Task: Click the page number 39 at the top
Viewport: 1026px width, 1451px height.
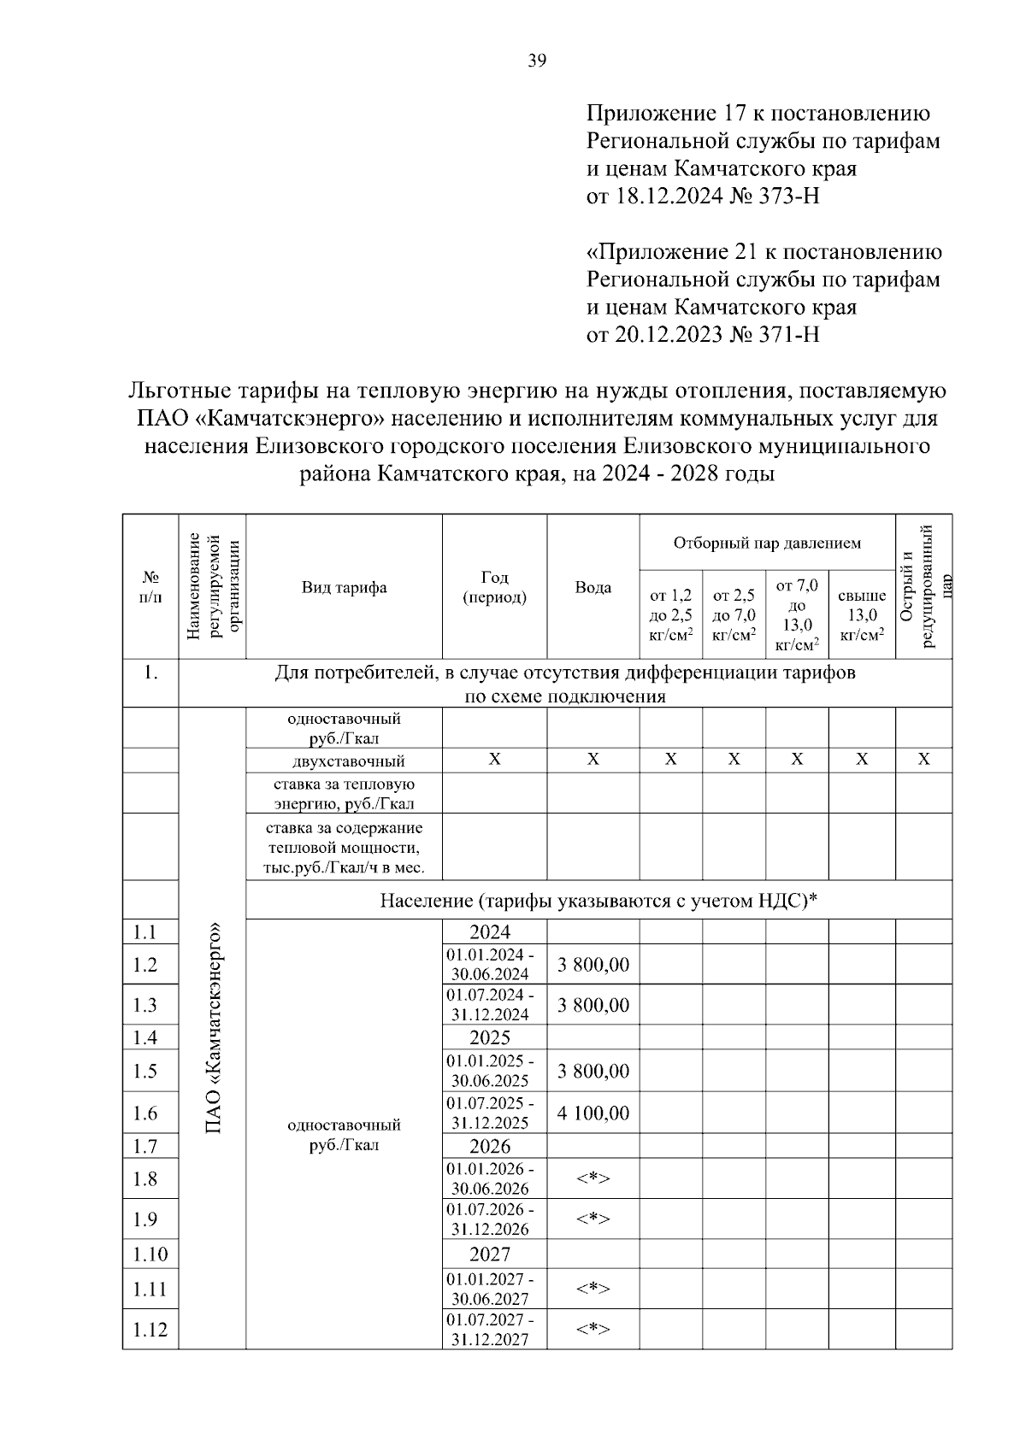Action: coord(537,60)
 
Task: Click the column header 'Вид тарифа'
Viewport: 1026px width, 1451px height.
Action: coord(344,587)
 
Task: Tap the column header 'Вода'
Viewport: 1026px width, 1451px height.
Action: coord(593,587)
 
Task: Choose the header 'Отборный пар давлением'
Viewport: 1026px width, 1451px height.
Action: coord(767,543)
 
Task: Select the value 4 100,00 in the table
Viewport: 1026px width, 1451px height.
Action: coord(593,1113)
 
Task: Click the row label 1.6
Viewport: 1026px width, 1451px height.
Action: coord(145,1113)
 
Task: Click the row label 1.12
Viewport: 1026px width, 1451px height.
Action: coord(150,1330)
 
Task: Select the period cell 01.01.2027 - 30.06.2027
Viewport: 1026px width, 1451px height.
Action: coord(491,1289)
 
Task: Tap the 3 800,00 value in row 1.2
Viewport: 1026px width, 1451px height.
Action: coord(593,965)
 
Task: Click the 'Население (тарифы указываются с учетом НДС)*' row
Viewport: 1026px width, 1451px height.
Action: coord(598,900)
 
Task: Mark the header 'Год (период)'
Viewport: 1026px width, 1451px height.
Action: coord(494,587)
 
